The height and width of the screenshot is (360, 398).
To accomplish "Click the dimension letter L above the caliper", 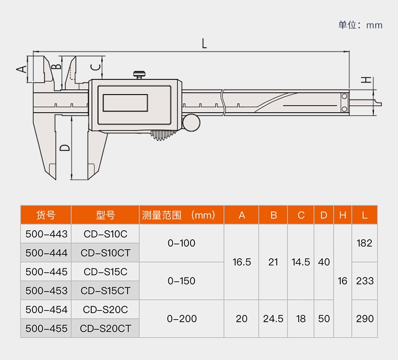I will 204,43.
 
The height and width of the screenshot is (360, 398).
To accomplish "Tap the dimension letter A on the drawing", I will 22,69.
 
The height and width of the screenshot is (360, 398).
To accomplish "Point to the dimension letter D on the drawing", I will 64,148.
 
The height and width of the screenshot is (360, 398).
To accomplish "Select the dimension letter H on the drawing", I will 367,80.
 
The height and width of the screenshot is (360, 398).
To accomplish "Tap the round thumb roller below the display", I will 191,122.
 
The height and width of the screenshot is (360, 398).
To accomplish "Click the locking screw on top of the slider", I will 140,75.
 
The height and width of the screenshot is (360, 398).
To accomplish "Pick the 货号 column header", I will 46,215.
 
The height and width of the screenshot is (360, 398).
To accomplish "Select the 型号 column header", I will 105,215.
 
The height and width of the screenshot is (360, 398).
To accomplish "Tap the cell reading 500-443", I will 46,234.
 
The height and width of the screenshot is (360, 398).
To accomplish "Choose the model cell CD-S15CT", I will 105,291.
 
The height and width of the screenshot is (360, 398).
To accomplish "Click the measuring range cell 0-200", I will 181,319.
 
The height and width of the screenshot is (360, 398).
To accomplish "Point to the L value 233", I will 365,281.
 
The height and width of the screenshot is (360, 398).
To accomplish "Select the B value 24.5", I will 274,319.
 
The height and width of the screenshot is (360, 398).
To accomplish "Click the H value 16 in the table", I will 343,281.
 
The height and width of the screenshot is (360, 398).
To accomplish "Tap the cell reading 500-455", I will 46,328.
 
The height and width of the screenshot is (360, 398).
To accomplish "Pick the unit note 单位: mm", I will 360,25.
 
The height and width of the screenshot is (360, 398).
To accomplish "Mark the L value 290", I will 365,319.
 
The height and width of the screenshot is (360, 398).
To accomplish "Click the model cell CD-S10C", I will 105,234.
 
